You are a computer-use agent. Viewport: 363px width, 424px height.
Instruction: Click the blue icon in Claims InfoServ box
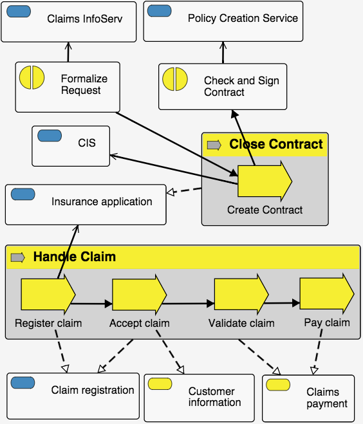(x=19, y=12)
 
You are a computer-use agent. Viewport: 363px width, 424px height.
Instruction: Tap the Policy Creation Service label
(x=243, y=18)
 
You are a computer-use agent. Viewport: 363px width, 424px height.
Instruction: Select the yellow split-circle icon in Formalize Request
(x=32, y=77)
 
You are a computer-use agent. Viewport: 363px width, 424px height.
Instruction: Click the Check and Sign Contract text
(x=241, y=86)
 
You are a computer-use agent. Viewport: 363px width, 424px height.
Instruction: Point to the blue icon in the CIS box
(x=50, y=136)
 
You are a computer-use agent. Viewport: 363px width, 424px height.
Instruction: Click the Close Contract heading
(x=276, y=144)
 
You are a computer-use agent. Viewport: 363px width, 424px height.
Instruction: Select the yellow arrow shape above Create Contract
(x=265, y=181)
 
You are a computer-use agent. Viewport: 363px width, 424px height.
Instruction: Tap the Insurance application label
(x=102, y=202)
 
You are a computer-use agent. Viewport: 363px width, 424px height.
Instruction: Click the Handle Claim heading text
(x=75, y=257)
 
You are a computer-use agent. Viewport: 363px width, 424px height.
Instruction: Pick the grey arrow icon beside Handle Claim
(x=18, y=257)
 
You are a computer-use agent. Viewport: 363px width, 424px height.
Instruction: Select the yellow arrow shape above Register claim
(x=48, y=295)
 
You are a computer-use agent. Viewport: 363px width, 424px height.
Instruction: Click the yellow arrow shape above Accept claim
(x=139, y=295)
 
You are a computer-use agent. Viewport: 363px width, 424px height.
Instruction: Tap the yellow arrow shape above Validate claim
(x=241, y=294)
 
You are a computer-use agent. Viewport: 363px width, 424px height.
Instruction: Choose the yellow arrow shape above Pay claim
(x=327, y=294)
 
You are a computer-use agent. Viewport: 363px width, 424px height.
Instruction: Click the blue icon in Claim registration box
(x=23, y=383)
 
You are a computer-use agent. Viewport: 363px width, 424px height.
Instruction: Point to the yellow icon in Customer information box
(x=160, y=384)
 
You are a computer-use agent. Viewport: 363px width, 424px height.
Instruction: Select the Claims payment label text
(x=327, y=398)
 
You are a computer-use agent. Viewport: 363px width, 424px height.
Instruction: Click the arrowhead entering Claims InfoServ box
(x=68, y=46)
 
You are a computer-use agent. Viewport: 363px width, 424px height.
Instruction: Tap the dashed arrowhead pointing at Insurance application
(x=171, y=192)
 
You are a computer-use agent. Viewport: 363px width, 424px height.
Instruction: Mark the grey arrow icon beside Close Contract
(x=214, y=145)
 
